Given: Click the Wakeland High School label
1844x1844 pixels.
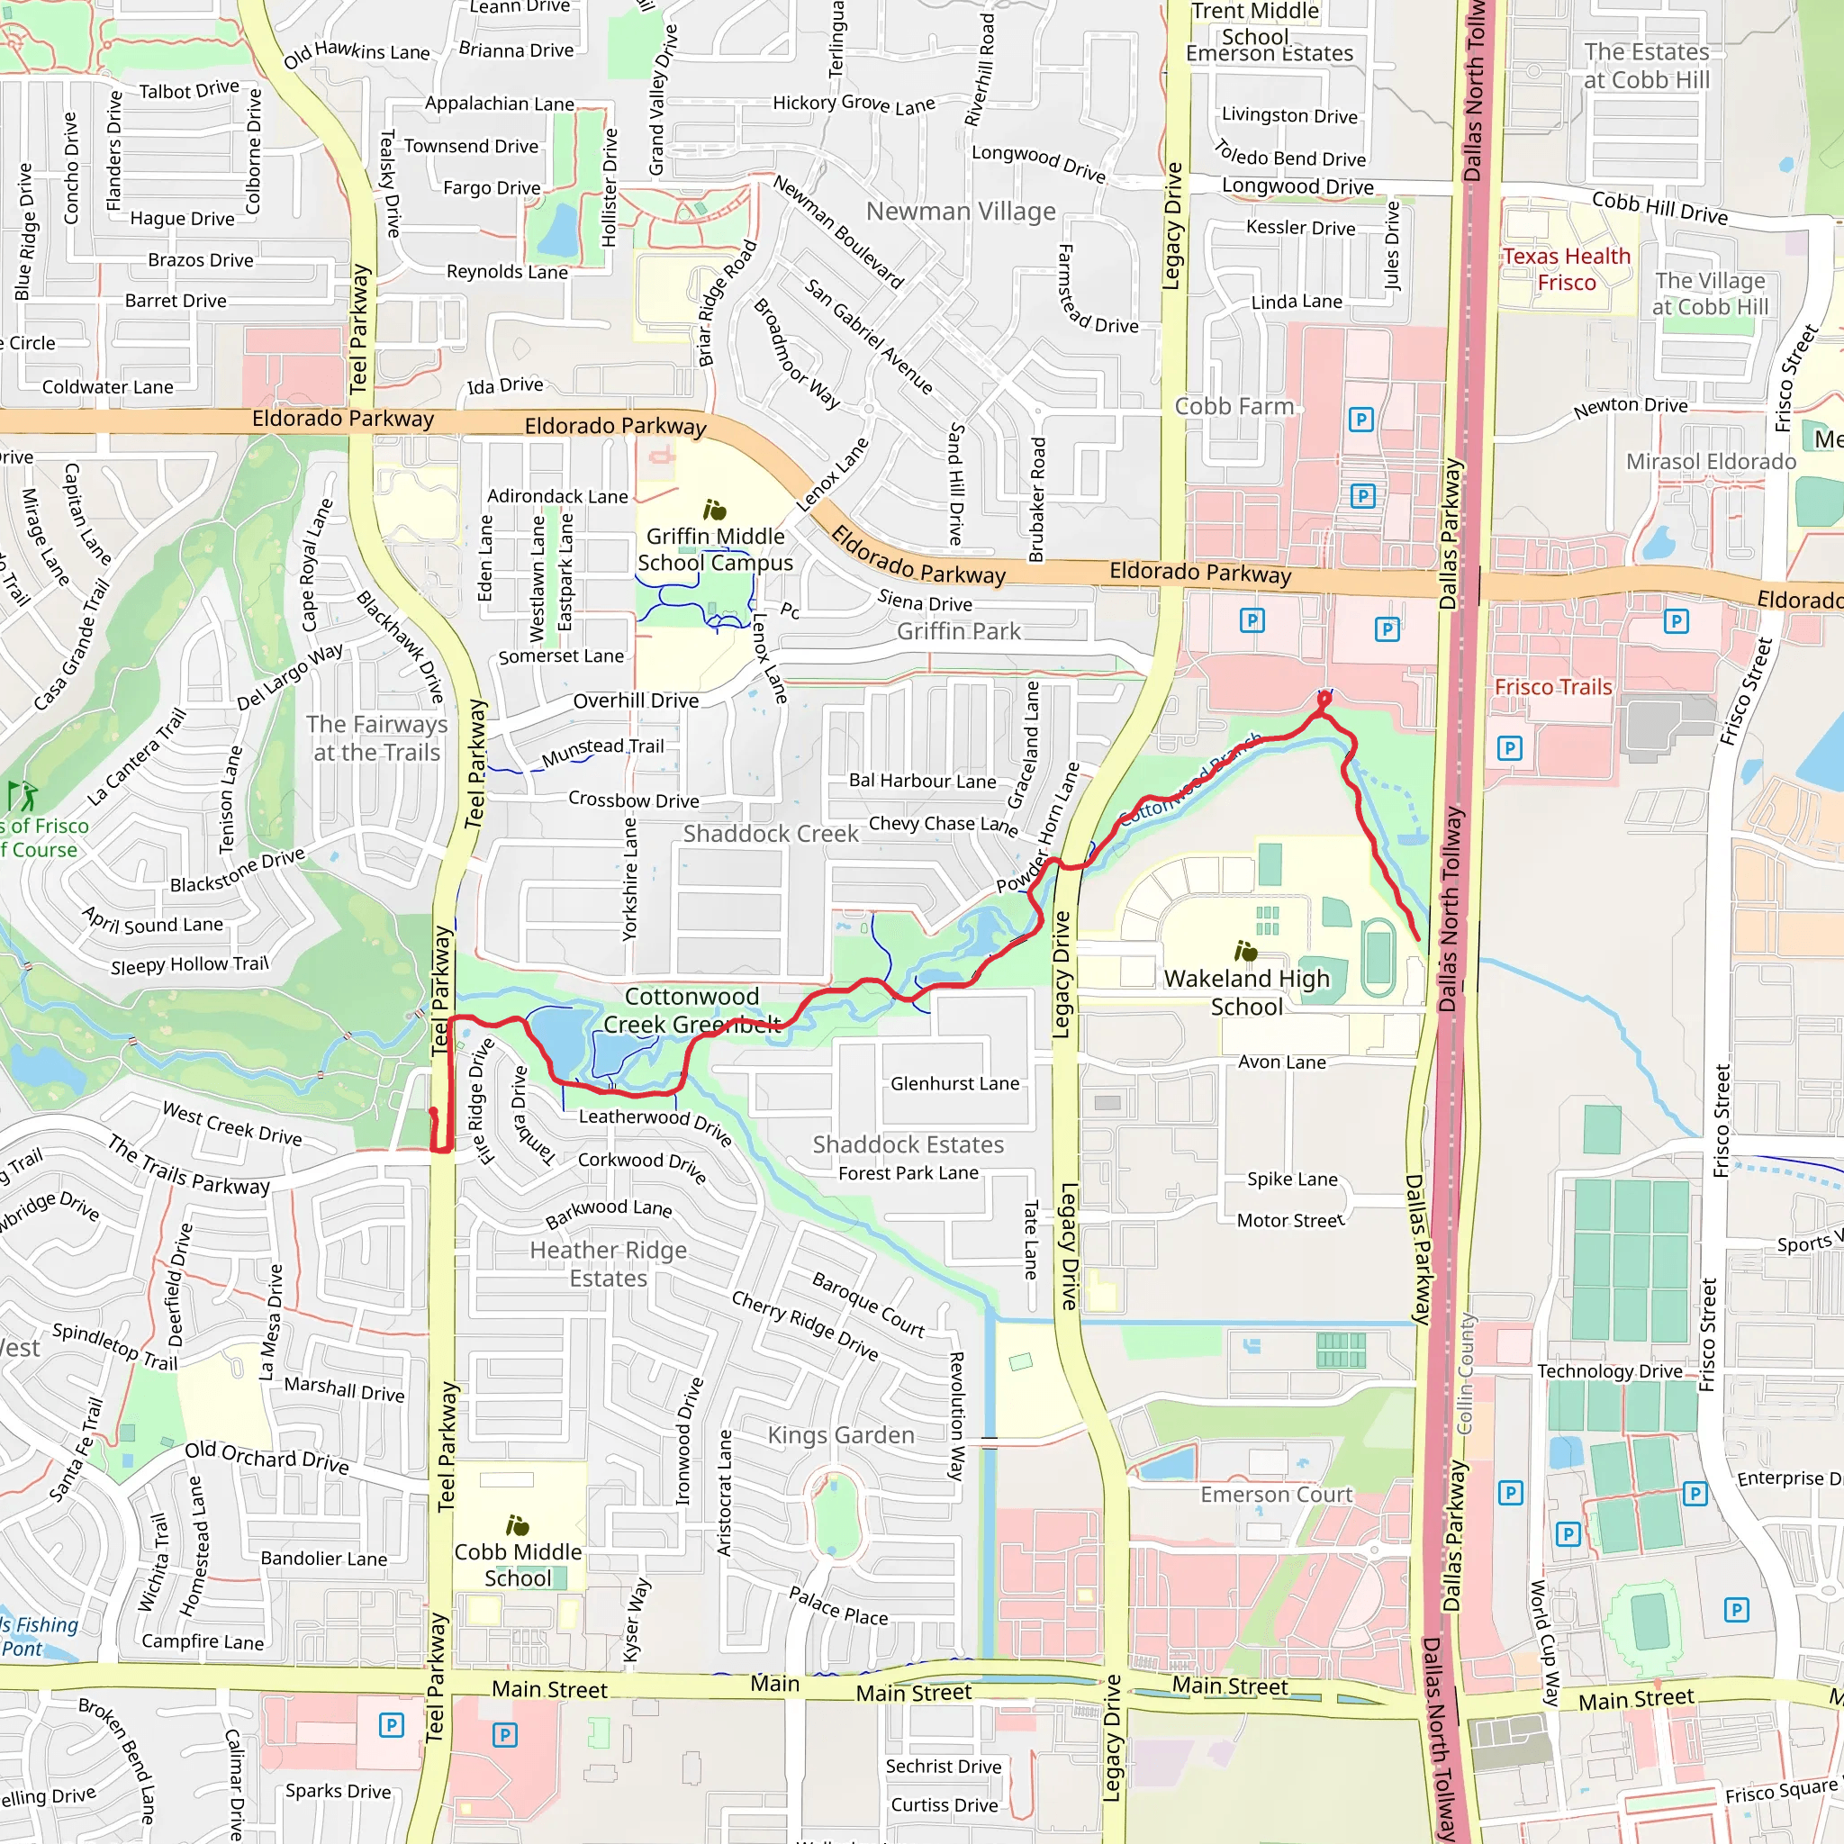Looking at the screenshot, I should tap(1246, 992).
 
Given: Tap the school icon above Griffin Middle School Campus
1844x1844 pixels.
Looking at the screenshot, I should tap(715, 510).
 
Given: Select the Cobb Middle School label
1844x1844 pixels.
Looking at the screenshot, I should tap(518, 1565).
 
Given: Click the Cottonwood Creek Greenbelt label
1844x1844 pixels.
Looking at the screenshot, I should tap(692, 1011).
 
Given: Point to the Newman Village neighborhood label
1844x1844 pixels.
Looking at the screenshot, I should tap(960, 211).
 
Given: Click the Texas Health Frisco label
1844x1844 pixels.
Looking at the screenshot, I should tap(1567, 269).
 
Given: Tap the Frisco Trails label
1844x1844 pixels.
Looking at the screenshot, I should tap(1553, 687).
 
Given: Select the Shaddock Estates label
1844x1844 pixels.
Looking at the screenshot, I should tap(908, 1144).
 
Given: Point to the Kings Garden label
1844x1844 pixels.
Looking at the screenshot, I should tap(841, 1435).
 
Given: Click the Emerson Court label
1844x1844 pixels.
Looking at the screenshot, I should tap(1276, 1495).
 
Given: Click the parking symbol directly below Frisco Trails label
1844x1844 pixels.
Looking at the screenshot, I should tap(1509, 748).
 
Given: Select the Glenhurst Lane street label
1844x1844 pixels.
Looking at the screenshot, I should tap(954, 1083).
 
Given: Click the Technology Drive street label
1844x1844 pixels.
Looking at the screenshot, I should tap(1609, 1371).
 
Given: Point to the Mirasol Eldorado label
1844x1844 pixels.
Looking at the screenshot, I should tap(1711, 462).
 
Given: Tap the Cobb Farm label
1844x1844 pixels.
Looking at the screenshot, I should tap(1234, 407).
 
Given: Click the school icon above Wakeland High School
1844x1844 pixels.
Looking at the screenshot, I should tap(1245, 951).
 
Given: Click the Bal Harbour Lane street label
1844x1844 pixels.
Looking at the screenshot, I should tap(922, 781).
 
